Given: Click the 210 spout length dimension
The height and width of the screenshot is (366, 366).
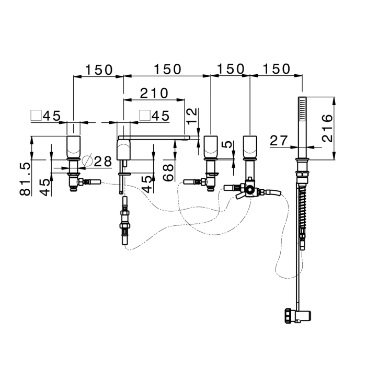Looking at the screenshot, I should click(154, 93).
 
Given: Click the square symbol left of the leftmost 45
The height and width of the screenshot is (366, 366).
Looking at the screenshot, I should click(37, 115).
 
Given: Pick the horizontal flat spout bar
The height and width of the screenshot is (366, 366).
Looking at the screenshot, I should click(159, 138).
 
